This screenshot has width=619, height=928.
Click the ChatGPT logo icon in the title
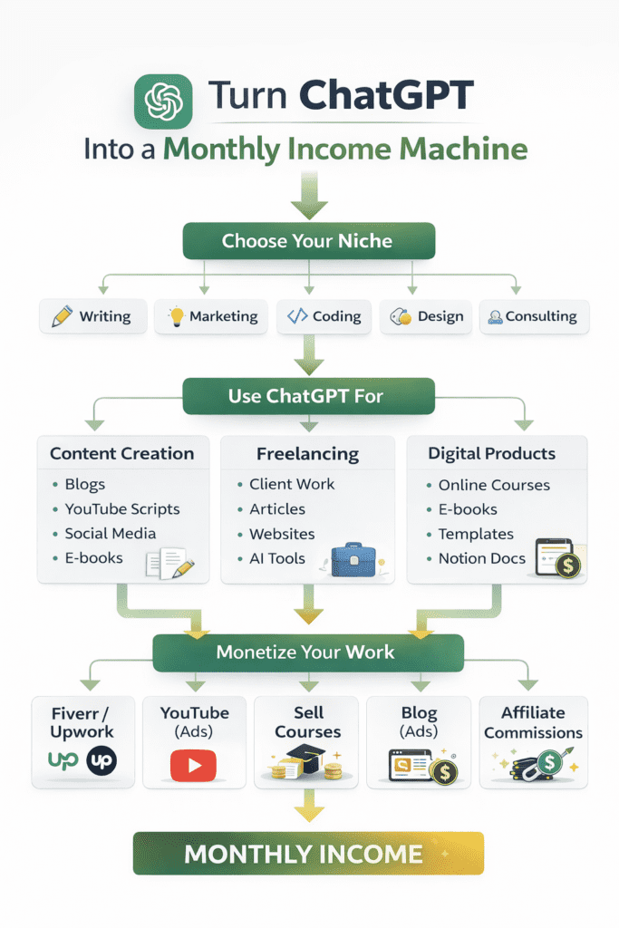(164, 101)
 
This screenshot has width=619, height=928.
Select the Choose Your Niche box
(308, 242)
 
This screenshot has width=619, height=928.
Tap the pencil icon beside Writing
(62, 316)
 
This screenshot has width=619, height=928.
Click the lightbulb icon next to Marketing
(176, 316)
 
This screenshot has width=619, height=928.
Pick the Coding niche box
(324, 316)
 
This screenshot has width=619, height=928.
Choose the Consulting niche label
(540, 316)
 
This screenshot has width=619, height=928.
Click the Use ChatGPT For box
(308, 396)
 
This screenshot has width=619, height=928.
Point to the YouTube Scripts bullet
(121, 509)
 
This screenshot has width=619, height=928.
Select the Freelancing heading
(307, 454)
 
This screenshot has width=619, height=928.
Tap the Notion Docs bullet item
(481, 558)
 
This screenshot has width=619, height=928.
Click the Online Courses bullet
(493, 485)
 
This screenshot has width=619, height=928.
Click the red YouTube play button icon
(193, 766)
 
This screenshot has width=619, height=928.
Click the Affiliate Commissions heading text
(533, 722)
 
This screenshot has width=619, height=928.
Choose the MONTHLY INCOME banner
(308, 853)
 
